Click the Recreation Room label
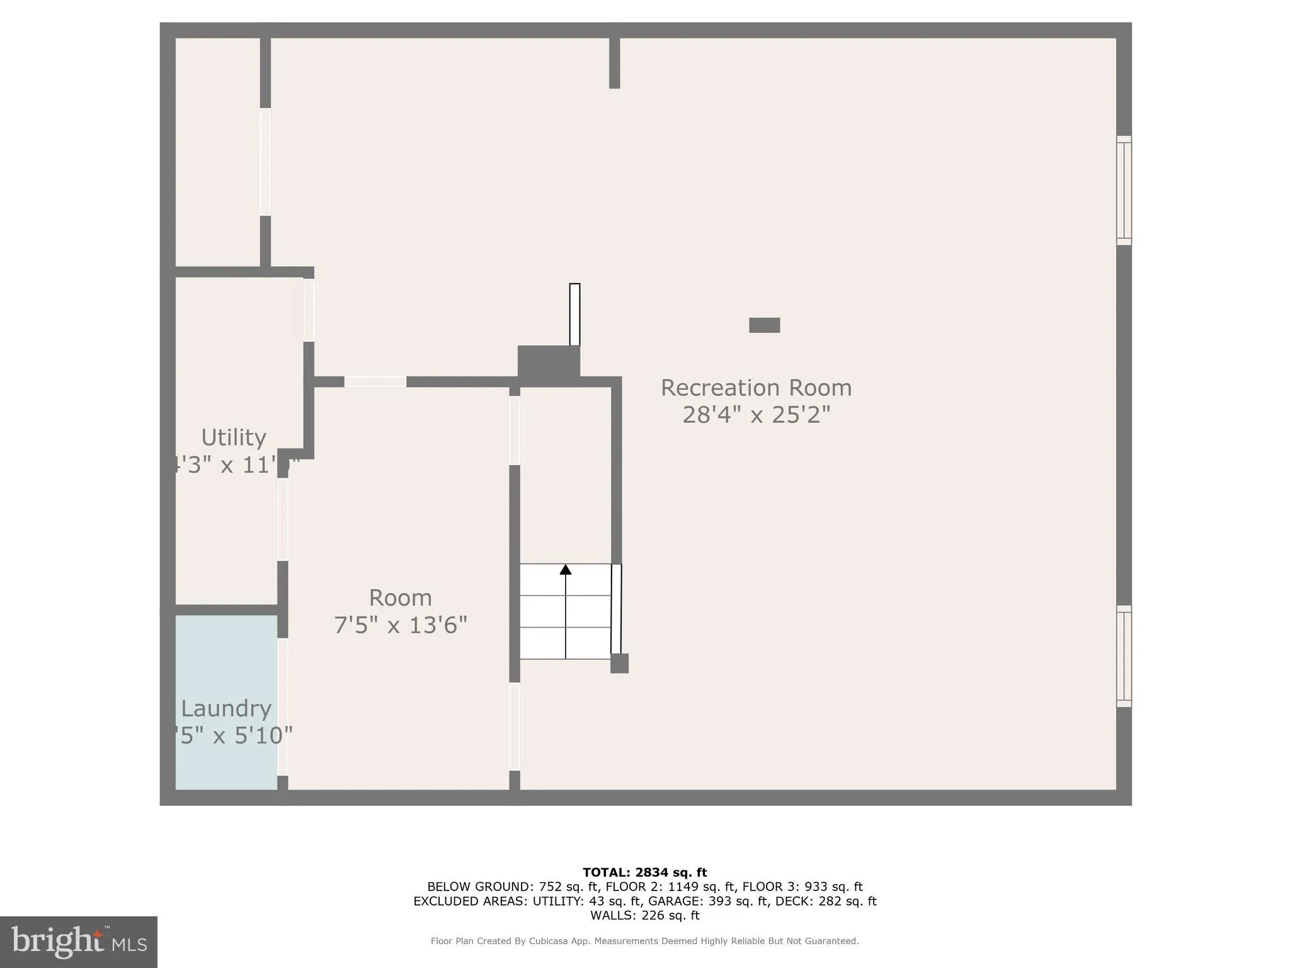click(756, 388)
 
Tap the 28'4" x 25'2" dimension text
click(756, 415)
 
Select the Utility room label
click(234, 437)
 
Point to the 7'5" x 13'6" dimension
click(401, 625)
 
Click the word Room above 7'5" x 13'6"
click(401, 597)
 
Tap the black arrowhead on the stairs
click(566, 570)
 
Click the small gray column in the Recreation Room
click(764, 325)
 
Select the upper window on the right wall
click(1124, 190)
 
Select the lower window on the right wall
click(1124, 656)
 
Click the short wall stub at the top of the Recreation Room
click(615, 63)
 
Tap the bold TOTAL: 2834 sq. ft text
click(644, 873)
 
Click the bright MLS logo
click(79, 942)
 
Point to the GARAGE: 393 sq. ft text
click(708, 901)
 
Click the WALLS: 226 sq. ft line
click(644, 916)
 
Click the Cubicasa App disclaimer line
click(644, 941)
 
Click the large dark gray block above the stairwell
click(549, 362)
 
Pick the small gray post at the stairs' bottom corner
click(620, 663)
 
